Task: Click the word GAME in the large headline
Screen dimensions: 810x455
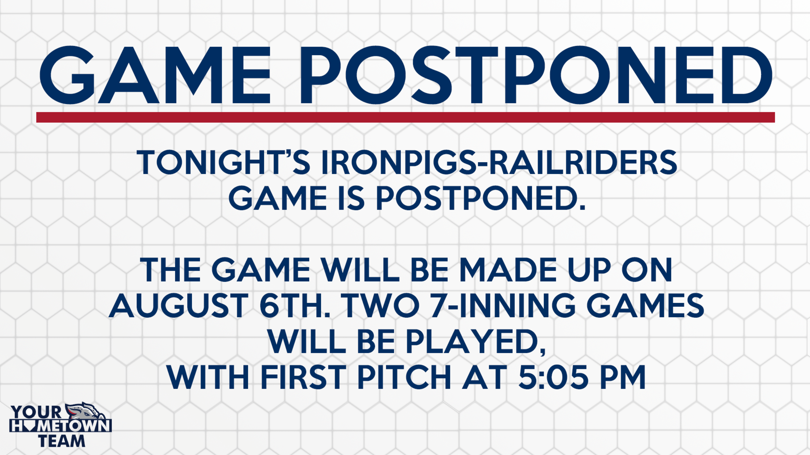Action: (155, 75)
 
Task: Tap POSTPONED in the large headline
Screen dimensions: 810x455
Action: (536, 75)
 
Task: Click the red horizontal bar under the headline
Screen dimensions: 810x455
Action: (405, 117)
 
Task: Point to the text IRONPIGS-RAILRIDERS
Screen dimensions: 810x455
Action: (499, 162)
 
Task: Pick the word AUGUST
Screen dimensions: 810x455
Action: (179, 306)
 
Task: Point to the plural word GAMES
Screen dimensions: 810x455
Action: (645, 306)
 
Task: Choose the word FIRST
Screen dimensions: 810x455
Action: (303, 377)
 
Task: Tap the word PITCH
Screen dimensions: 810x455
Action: (404, 377)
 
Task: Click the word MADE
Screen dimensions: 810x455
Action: (508, 270)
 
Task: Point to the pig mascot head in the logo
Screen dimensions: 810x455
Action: (85, 411)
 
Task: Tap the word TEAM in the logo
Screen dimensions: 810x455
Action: (62, 441)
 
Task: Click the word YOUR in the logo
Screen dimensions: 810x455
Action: (36, 412)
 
